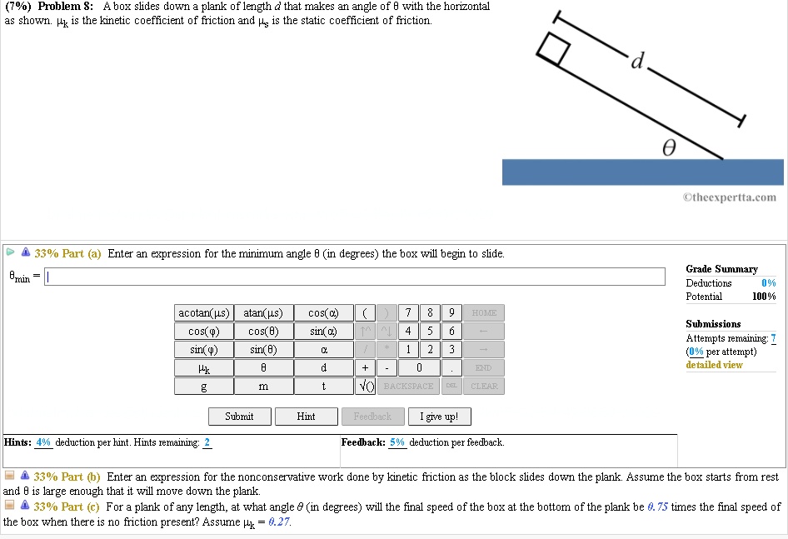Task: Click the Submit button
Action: point(239,417)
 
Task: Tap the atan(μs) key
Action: point(262,313)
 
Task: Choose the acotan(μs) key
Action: point(203,313)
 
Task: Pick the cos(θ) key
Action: point(262,332)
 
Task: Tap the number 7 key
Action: point(408,313)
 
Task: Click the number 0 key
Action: point(419,368)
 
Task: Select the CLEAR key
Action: point(484,387)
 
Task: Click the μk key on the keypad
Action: point(203,368)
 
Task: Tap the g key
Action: point(203,387)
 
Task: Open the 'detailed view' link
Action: point(714,365)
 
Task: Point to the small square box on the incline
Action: point(553,49)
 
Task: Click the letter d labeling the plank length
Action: point(638,61)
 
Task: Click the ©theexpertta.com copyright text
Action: point(729,197)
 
